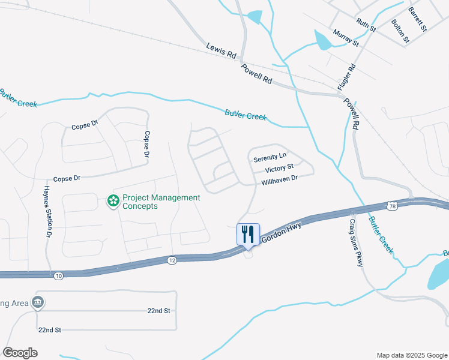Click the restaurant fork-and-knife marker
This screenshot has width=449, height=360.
pyautogui.click(x=249, y=233)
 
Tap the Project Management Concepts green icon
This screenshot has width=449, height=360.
pyautogui.click(x=113, y=201)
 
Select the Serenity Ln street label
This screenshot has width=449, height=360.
pyautogui.click(x=267, y=158)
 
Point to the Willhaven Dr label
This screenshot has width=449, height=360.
pyautogui.click(x=280, y=179)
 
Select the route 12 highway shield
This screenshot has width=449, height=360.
pyautogui.click(x=172, y=260)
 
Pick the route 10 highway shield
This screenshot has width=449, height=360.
pyautogui.click(x=58, y=275)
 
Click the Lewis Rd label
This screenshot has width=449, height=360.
pyautogui.click(x=221, y=50)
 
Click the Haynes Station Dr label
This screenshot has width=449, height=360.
pyautogui.click(x=47, y=212)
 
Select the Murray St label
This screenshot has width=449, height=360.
pyautogui.click(x=346, y=38)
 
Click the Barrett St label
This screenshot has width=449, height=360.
pyautogui.click(x=417, y=19)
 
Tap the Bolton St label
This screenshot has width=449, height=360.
pyautogui.click(x=400, y=31)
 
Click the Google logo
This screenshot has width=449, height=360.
pyautogui.click(x=20, y=353)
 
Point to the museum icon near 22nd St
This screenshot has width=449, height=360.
pyautogui.click(x=38, y=302)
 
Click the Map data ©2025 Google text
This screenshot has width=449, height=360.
pyautogui.click(x=411, y=355)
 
